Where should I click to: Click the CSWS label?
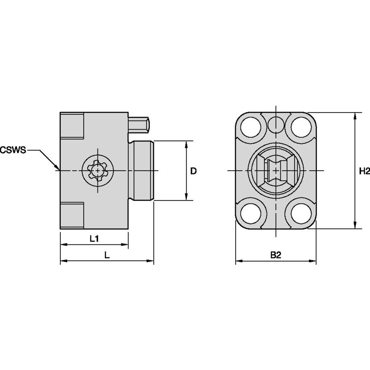coord(13,150)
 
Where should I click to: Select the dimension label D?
coord(194,171)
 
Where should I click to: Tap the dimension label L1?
coord(94,239)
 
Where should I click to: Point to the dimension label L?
coord(107,256)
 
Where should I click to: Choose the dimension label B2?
coord(276,256)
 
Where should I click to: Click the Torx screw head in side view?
coord(99,171)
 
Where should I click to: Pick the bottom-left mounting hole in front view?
coord(251,213)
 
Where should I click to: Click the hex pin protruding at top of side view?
coord(140,124)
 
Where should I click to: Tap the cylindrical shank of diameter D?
coord(141,171)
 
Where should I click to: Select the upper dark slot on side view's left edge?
coord(72,126)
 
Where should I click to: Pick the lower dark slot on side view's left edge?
coord(72,215)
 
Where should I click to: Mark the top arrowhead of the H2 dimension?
coord(355,115)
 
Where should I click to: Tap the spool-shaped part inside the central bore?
coord(276,171)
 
